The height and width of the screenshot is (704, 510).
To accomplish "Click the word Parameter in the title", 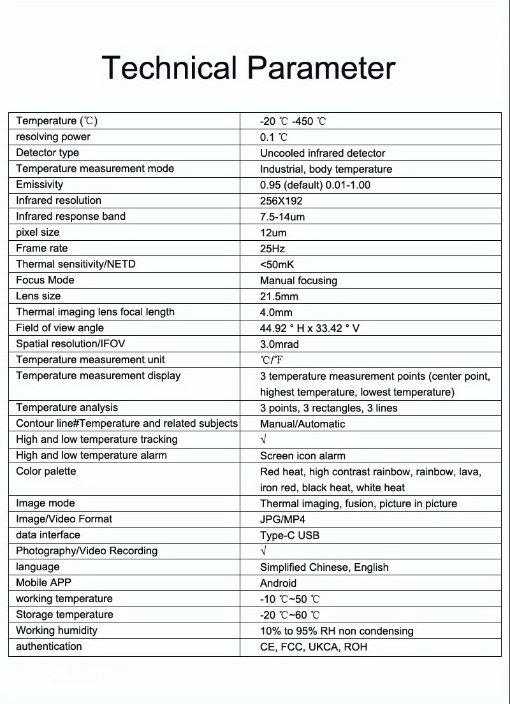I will tap(321, 68).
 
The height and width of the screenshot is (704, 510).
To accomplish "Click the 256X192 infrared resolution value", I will tap(281, 201).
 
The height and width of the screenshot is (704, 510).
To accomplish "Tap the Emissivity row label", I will tap(40, 184).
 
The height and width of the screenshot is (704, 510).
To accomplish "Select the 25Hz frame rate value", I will tap(272, 248).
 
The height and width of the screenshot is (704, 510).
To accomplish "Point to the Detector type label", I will tap(47, 152).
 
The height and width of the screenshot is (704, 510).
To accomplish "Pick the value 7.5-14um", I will tap(282, 217).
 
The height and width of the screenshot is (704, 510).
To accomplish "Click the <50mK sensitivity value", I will tap(277, 264).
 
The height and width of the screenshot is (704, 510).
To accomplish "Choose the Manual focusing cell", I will tap(298, 280).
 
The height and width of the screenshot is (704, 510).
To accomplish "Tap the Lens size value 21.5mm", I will tap(279, 296).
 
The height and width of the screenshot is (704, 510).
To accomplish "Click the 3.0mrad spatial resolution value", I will tap(279, 344).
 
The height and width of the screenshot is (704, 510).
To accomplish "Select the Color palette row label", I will tap(46, 471).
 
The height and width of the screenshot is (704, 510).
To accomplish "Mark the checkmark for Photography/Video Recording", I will tap(263, 551).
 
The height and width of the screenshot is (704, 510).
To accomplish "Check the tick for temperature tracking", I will tap(263, 440).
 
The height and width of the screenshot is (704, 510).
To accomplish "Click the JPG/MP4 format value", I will tap(282, 519).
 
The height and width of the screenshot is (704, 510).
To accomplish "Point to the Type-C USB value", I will tap(289, 535).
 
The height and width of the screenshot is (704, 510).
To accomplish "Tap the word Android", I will tap(278, 583).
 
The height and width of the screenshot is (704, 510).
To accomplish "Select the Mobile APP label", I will tap(43, 582).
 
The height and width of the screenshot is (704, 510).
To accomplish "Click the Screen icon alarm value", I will tap(302, 456).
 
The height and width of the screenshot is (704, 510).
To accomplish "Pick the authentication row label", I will tap(49, 646).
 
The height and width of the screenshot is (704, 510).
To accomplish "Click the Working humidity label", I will tap(57, 630).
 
